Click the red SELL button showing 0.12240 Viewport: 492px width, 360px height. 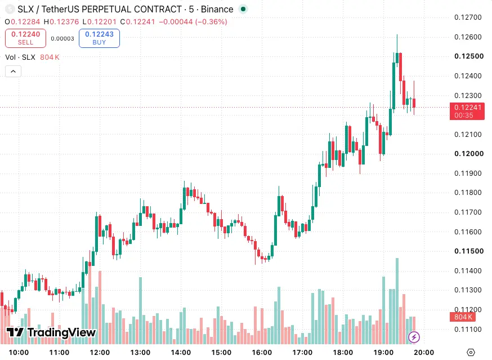pos(25,38)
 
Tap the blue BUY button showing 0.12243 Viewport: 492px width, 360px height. pos(99,38)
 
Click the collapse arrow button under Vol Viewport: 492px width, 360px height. pos(13,72)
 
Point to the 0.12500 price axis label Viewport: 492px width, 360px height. pos(469,56)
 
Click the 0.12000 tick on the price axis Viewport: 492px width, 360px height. pos(469,154)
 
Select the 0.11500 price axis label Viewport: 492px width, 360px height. pos(469,251)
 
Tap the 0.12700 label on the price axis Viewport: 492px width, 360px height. pos(468,17)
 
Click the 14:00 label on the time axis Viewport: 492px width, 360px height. pos(181,353)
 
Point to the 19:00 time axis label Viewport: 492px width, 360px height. pos(383,353)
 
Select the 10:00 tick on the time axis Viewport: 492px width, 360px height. pos(19,353)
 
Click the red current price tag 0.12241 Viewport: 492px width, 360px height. pos(467,111)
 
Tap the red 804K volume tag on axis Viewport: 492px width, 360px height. pos(463,317)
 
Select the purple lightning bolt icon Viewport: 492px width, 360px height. pos(414,337)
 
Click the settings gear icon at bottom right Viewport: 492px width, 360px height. pos(471,353)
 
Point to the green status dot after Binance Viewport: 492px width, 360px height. pos(243,9)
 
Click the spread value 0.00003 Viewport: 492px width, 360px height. pos(62,39)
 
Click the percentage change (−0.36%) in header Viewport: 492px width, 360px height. pos(211,21)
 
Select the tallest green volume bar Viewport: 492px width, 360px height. pos(397,301)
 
